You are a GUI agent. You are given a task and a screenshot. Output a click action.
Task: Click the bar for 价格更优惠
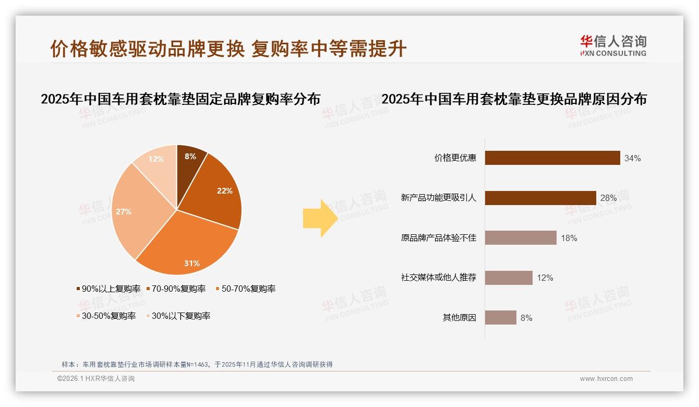[x=552, y=158]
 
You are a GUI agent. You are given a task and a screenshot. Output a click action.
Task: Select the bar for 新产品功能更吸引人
[x=540, y=198]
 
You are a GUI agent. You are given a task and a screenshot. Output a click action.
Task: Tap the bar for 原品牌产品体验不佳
[x=521, y=238]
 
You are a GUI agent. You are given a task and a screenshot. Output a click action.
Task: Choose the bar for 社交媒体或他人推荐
[x=509, y=278]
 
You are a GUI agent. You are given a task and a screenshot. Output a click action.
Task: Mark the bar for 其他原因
[x=501, y=317]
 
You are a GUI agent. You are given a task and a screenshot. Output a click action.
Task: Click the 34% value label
[x=632, y=158]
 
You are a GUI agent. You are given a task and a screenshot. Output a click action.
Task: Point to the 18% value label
[x=569, y=238]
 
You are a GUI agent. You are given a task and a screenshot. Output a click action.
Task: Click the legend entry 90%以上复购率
[x=109, y=289]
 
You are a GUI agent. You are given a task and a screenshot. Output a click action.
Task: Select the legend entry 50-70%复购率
[x=245, y=289]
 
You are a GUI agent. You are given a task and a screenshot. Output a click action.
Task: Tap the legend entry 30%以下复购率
[x=177, y=316]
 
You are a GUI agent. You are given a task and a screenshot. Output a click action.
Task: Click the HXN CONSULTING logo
[x=613, y=45]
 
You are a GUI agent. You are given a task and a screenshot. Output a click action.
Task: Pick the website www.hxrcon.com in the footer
[x=606, y=379]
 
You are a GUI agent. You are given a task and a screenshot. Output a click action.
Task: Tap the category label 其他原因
[x=460, y=317]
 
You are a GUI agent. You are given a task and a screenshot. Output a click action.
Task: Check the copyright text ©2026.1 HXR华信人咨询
[x=96, y=379]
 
